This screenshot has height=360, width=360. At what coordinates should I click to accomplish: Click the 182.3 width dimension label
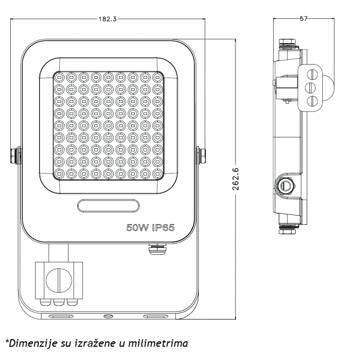(108, 19)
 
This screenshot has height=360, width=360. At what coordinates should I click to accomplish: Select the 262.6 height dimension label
(236, 179)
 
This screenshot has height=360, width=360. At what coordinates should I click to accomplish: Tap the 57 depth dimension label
(303, 19)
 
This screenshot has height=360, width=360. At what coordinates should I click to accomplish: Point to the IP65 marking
(163, 227)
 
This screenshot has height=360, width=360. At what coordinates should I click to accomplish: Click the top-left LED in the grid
(59, 78)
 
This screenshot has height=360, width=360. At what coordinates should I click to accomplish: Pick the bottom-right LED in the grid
(157, 174)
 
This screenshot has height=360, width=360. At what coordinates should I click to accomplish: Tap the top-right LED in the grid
(157, 78)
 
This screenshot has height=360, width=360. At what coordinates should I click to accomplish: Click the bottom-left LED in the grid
(59, 174)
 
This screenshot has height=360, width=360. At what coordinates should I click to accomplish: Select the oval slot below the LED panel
(108, 205)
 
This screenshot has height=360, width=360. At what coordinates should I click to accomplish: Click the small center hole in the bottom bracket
(108, 316)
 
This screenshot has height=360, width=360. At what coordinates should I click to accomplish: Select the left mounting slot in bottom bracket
(61, 316)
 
